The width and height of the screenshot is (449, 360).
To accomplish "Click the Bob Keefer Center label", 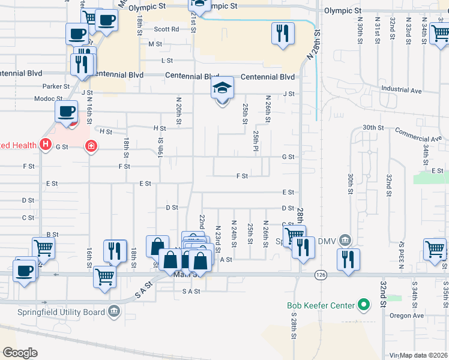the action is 321,305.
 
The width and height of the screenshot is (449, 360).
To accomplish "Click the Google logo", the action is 20,353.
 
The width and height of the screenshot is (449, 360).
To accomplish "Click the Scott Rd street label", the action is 166,29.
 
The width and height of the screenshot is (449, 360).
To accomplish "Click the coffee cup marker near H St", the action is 66,111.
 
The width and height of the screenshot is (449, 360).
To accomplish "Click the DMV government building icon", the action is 345,240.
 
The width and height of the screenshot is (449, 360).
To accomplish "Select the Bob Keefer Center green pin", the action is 363,305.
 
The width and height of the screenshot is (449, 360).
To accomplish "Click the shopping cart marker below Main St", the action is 104,277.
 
